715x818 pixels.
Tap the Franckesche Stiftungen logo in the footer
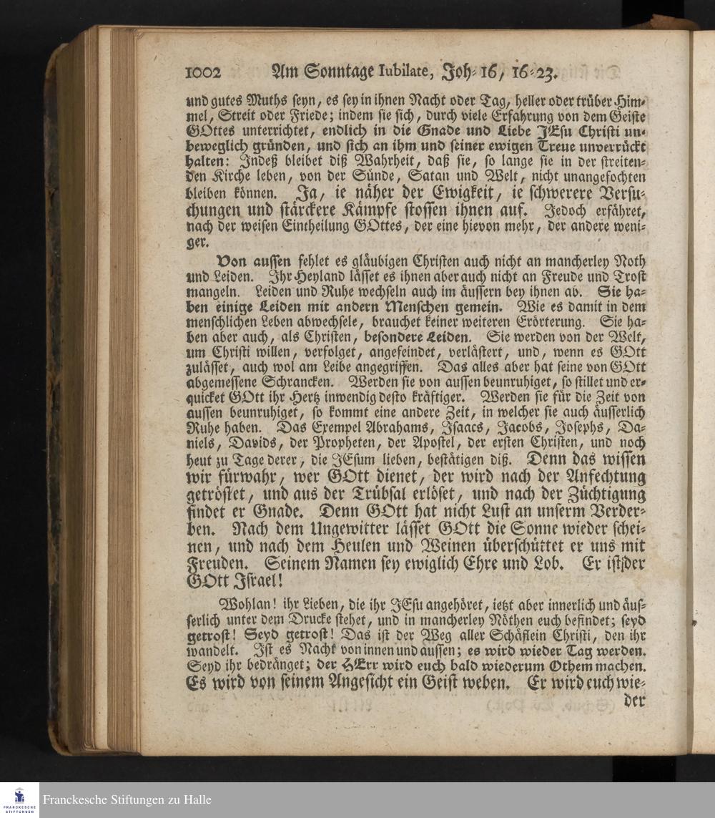pos(19,799)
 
